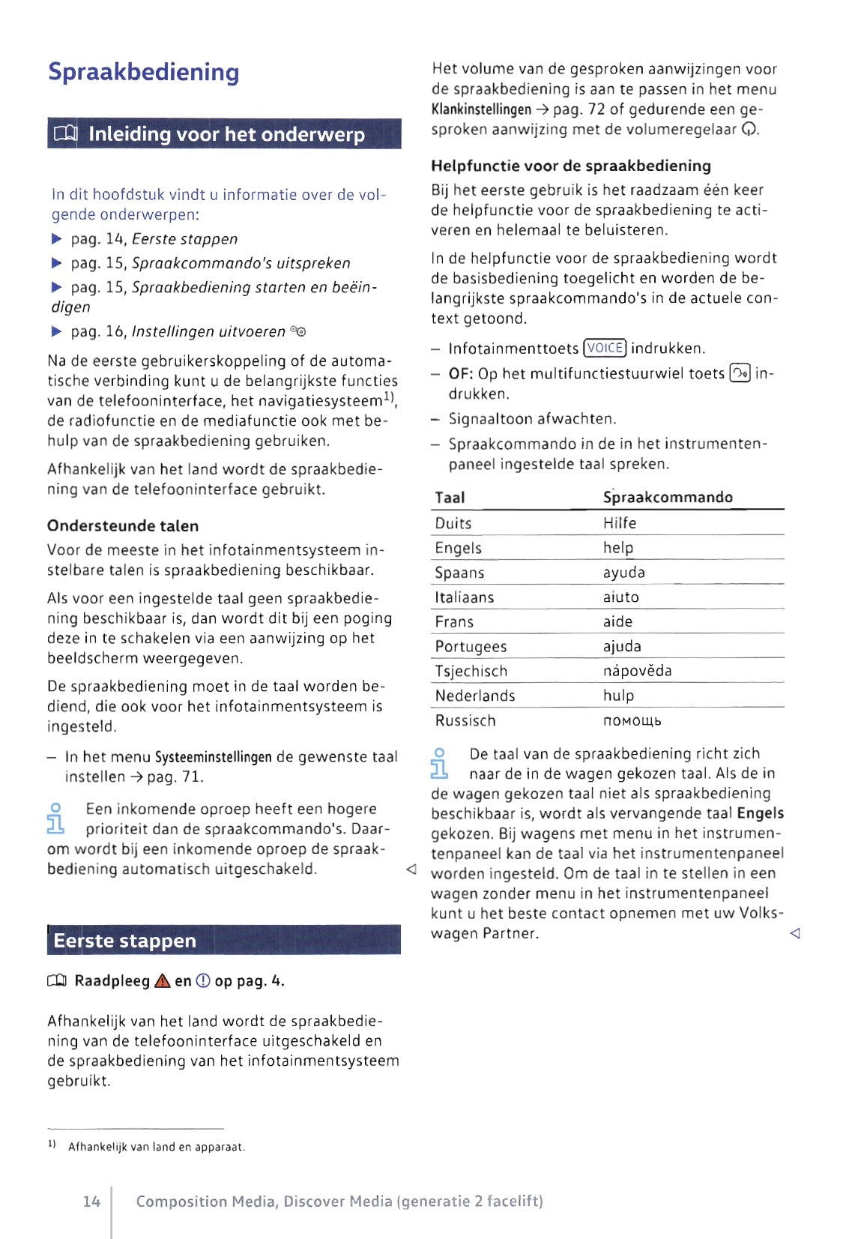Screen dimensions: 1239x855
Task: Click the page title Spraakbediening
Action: tap(144, 72)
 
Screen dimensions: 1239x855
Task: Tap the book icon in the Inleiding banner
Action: tap(65, 134)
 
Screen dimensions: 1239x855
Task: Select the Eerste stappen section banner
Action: tap(223, 940)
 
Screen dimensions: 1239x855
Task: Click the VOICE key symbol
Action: tap(605, 348)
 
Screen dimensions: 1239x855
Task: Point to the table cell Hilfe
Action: tap(620, 523)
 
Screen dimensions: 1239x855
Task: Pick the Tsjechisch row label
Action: tap(471, 671)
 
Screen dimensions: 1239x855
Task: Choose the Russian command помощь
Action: tap(632, 720)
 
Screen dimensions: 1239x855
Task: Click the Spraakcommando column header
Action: tap(668, 497)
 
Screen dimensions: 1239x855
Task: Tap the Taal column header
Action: tap(450, 497)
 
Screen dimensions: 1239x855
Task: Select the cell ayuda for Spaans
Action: tap(624, 573)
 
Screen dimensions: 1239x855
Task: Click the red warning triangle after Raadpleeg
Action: tap(162, 981)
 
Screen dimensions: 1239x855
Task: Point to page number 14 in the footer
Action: tap(91, 1202)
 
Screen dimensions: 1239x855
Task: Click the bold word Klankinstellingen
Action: tap(481, 109)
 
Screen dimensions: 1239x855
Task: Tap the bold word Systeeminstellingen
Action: tap(213, 757)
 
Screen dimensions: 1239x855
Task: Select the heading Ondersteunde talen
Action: tap(123, 525)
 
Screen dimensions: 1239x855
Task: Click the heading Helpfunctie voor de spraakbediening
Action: tap(571, 166)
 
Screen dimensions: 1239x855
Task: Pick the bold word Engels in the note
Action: tap(760, 813)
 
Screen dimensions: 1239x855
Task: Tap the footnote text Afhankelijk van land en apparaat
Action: tap(157, 1147)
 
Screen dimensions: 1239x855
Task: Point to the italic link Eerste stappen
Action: tap(184, 239)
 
